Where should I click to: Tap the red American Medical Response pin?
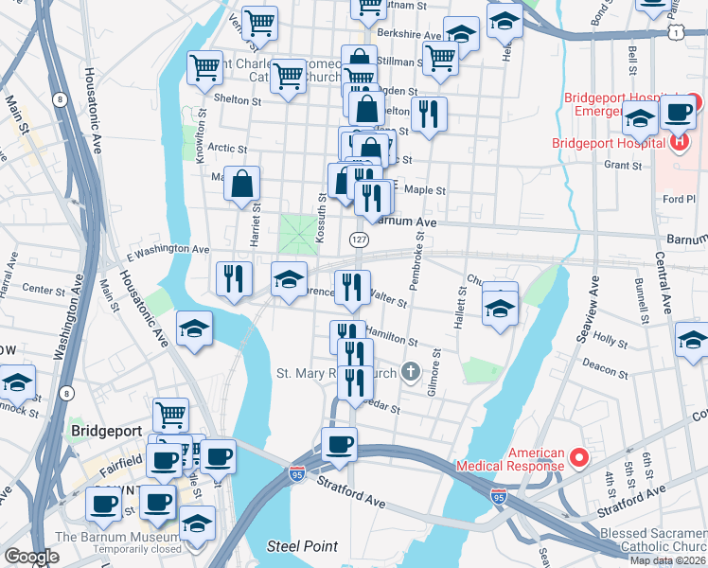click(x=578, y=458)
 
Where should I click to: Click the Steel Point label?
click(x=295, y=546)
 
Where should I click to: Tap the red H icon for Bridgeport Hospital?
click(x=678, y=143)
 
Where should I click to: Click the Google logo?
click(x=31, y=557)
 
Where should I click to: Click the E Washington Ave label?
click(x=168, y=250)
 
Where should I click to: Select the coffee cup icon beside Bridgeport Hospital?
click(x=678, y=111)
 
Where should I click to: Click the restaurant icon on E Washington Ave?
click(x=234, y=277)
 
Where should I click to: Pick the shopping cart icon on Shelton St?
click(x=205, y=67)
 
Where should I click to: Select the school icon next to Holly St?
click(x=694, y=338)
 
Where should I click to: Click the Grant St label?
click(x=622, y=166)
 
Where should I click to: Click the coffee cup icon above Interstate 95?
click(x=339, y=444)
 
